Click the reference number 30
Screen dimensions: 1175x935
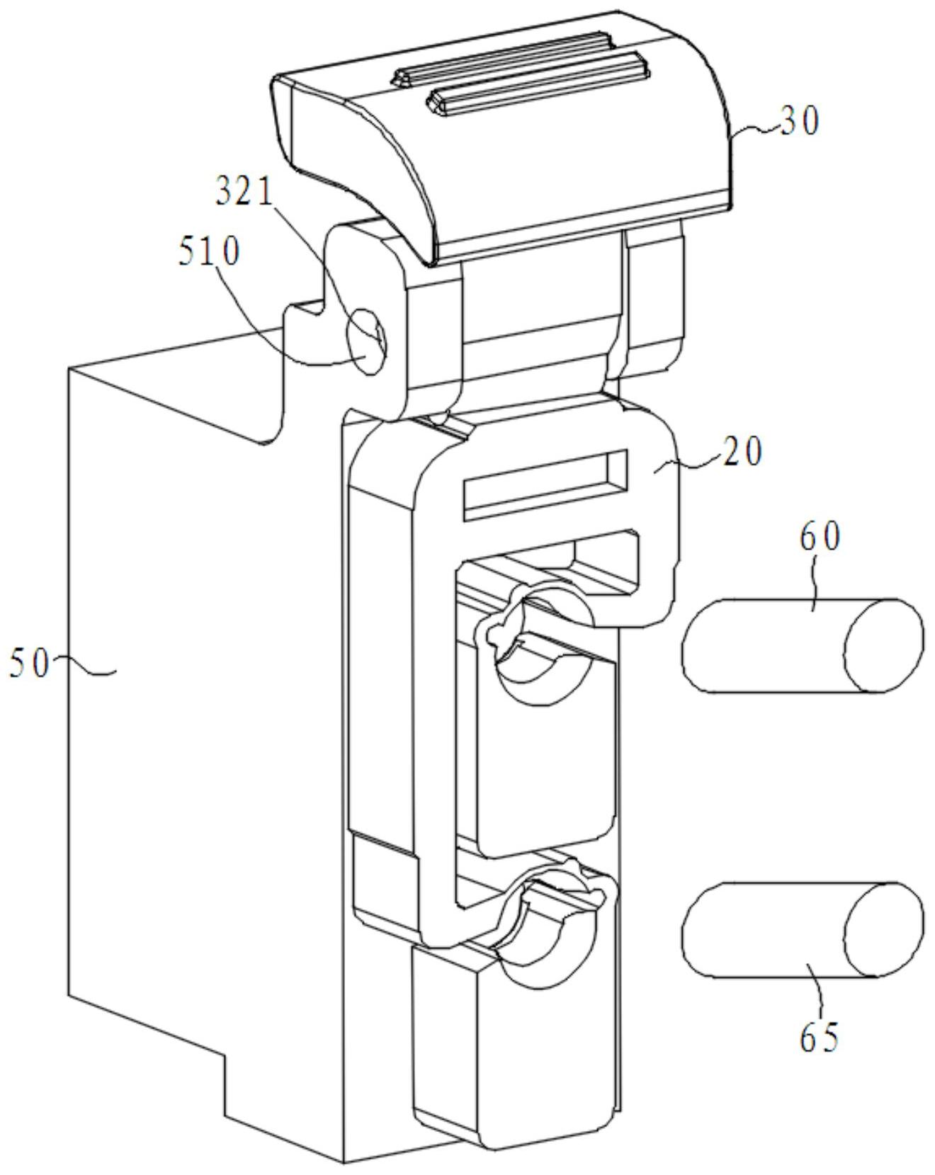(x=800, y=122)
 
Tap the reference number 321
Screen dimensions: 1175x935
(x=244, y=192)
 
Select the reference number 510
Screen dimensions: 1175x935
(x=210, y=252)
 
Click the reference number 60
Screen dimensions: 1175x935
(x=820, y=538)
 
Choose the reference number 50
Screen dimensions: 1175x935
(x=29, y=664)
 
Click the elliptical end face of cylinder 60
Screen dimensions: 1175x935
(x=883, y=645)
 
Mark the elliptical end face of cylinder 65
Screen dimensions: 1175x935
(x=885, y=929)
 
